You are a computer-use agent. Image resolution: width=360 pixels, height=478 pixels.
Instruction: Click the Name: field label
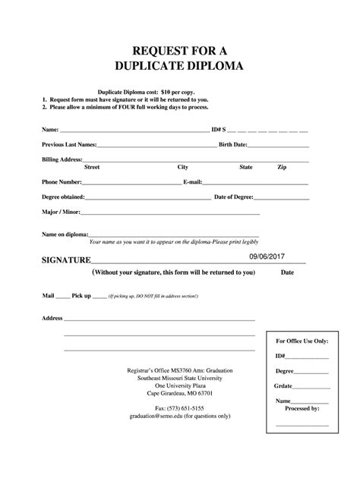[49, 129]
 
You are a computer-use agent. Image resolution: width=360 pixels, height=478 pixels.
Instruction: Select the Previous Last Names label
[68, 144]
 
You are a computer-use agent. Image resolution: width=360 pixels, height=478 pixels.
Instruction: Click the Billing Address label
[61, 159]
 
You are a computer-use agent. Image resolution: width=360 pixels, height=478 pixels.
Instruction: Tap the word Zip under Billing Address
[282, 167]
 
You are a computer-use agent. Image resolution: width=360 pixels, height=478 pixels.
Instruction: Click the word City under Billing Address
[183, 167]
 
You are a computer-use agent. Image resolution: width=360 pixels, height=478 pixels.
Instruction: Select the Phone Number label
[61, 182]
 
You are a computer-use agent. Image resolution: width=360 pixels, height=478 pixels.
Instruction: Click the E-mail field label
[193, 182]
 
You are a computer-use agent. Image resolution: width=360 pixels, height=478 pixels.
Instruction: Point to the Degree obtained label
[63, 197]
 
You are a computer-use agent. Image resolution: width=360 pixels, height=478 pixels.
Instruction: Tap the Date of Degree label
[234, 197]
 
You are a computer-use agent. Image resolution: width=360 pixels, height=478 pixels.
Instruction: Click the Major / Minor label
[61, 212]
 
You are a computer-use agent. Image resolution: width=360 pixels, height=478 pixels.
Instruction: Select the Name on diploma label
[65, 234]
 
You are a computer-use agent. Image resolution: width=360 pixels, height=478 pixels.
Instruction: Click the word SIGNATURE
[66, 259]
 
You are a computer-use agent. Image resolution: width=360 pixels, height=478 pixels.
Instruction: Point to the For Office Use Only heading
[302, 341]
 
